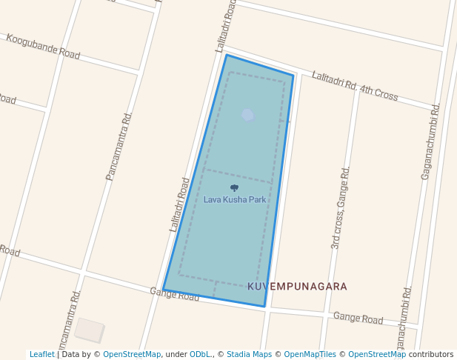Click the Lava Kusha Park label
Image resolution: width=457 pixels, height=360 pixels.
click(x=235, y=199)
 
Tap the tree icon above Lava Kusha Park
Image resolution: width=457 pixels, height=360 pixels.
click(x=235, y=188)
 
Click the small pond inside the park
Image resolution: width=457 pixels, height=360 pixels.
click(x=247, y=115)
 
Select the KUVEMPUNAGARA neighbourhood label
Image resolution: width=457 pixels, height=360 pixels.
click(x=297, y=286)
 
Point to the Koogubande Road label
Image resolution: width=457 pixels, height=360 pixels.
click(x=43, y=45)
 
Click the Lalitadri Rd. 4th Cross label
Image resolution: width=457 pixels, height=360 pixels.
click(x=355, y=86)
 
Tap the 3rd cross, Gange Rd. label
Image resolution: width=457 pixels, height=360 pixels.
click(x=340, y=207)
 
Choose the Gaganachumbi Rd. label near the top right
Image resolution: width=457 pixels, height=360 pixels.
click(x=431, y=141)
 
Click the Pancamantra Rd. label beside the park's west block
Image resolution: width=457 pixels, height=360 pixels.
click(x=119, y=146)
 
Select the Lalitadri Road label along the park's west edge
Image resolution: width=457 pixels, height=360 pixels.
click(x=179, y=204)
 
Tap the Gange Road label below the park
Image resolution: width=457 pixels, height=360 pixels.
click(x=175, y=294)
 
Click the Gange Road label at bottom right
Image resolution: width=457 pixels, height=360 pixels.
click(x=358, y=319)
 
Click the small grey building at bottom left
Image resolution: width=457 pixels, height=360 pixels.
click(x=90, y=330)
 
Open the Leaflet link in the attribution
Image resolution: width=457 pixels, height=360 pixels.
click(x=41, y=354)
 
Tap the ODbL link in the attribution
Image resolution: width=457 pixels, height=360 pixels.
click(x=200, y=354)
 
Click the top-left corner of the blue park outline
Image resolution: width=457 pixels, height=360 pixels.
click(x=226, y=55)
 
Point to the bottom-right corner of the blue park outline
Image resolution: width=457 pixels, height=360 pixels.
click(x=264, y=306)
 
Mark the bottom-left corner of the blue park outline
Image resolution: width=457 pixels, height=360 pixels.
click(x=163, y=290)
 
